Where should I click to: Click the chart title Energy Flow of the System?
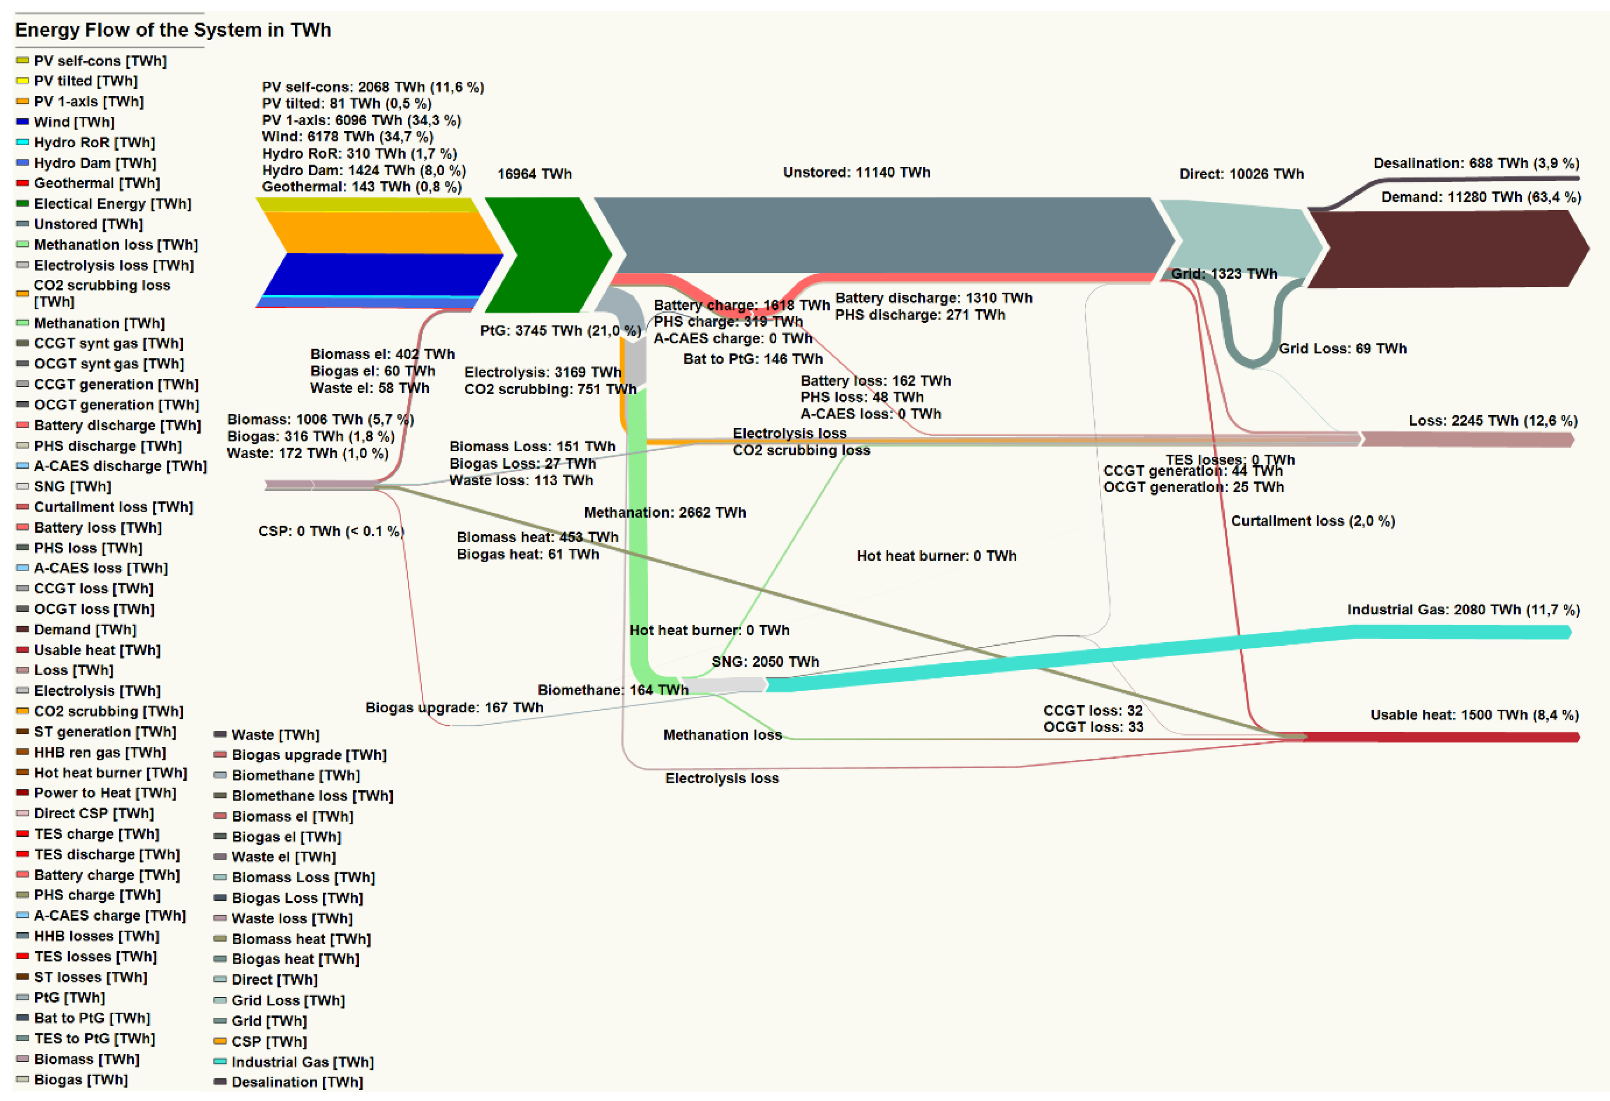(x=173, y=30)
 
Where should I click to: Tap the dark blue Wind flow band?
(x=381, y=274)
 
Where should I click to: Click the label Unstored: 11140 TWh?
(x=856, y=172)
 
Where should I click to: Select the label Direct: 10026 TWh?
(x=1241, y=174)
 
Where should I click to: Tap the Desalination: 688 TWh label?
(x=1476, y=164)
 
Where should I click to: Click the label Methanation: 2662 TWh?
(x=665, y=512)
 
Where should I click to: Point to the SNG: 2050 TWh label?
(x=765, y=661)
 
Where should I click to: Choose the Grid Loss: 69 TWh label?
(x=1343, y=348)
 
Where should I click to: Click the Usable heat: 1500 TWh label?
(x=1474, y=715)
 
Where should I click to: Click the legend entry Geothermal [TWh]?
(x=97, y=183)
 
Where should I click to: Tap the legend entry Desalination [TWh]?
(x=297, y=1082)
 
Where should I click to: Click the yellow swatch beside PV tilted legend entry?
(x=23, y=81)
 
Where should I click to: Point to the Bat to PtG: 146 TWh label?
(x=753, y=359)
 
